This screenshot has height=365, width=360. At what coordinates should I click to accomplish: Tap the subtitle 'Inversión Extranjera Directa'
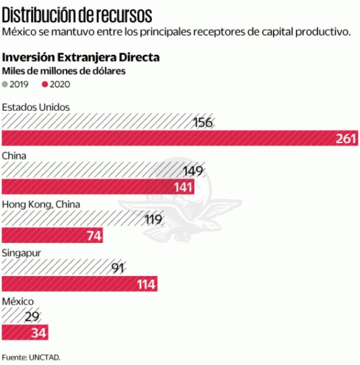(81, 58)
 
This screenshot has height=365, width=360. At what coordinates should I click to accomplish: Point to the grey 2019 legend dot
(5, 84)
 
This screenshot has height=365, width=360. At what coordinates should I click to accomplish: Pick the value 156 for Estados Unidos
(202, 122)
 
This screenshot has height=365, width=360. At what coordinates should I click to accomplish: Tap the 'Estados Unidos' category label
(36, 107)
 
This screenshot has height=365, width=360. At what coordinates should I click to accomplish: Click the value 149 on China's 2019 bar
(193, 171)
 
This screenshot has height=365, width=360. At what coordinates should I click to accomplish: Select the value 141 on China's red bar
(182, 187)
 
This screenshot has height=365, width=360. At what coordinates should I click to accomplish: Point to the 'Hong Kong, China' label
(42, 204)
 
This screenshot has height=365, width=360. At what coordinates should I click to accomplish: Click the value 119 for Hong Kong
(154, 220)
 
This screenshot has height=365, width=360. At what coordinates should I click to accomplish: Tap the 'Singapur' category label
(21, 253)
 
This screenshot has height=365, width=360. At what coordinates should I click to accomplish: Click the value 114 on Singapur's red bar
(145, 284)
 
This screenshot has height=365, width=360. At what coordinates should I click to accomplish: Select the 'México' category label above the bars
(18, 301)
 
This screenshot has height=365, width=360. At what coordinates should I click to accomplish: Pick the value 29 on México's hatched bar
(33, 317)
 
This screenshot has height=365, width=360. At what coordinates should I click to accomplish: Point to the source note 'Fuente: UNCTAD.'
(31, 357)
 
